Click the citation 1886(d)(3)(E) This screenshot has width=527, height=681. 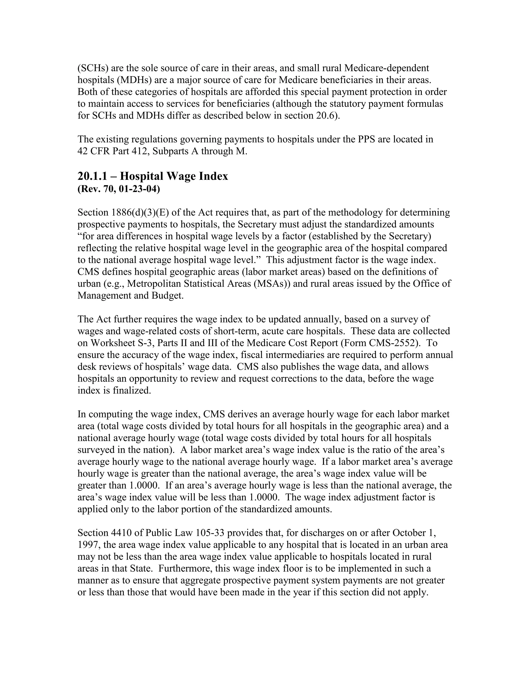140,213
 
